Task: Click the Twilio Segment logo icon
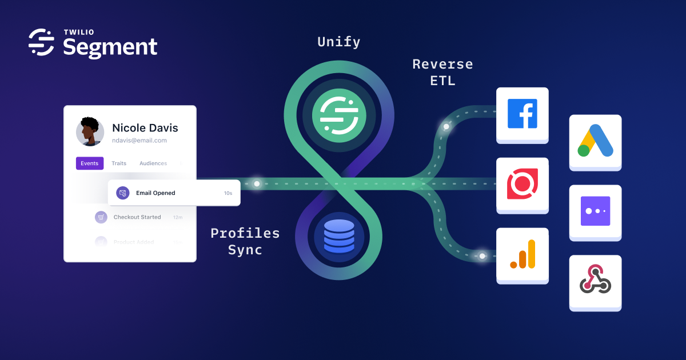click(x=41, y=42)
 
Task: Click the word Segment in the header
click(x=110, y=47)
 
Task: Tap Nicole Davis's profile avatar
click(x=90, y=132)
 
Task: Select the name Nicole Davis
click(x=145, y=127)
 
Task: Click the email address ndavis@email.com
click(x=139, y=141)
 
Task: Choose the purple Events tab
click(x=90, y=163)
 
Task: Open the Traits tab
click(x=119, y=163)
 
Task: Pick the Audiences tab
click(x=153, y=163)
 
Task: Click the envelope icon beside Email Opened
click(x=123, y=193)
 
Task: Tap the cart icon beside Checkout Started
click(x=101, y=217)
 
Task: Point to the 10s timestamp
click(x=228, y=193)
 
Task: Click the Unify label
click(x=338, y=42)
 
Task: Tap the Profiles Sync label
click(x=245, y=241)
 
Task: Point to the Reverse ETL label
click(x=442, y=72)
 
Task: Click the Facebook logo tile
click(x=523, y=114)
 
